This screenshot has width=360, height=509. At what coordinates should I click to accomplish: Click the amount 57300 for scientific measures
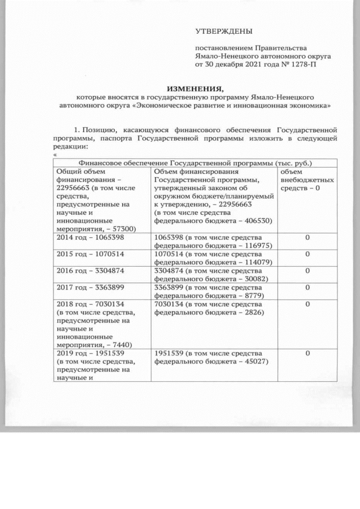click(x=124, y=229)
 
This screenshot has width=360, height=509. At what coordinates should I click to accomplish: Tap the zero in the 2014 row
click(x=308, y=238)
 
